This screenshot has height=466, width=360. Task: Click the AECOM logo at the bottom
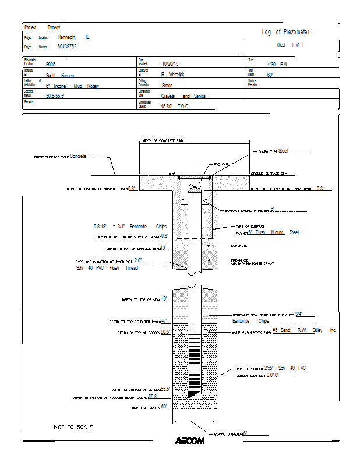pos(189,441)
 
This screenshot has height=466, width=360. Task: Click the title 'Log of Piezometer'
pos(285,32)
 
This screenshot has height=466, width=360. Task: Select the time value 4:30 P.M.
pos(277,64)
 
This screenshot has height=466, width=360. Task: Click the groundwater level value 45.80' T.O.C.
pos(175,107)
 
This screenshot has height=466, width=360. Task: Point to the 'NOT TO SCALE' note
pos(73,428)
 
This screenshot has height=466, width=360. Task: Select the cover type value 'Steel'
pos(283,150)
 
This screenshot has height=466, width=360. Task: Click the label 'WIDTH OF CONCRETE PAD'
pos(163,141)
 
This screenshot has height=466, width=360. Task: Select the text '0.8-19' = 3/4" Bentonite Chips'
pos(129,226)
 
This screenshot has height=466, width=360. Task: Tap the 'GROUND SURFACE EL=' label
pos(269,174)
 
